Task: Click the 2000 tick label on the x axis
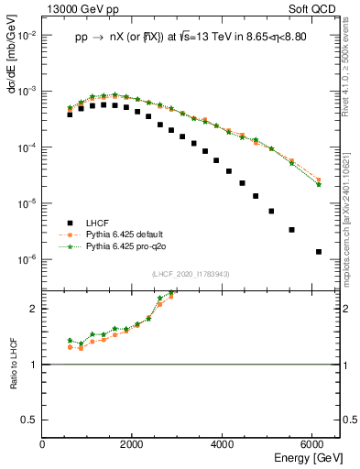click(x=133, y=444)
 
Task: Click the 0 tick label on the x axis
click(x=43, y=444)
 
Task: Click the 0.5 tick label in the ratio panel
click(x=31, y=420)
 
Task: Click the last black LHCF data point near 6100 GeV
click(x=318, y=252)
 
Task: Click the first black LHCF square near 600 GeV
click(x=70, y=115)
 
